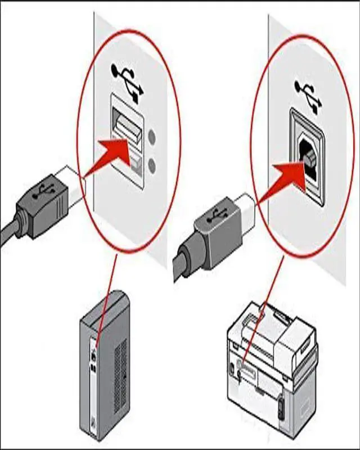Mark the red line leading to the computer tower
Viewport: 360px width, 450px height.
[x=106, y=298]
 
